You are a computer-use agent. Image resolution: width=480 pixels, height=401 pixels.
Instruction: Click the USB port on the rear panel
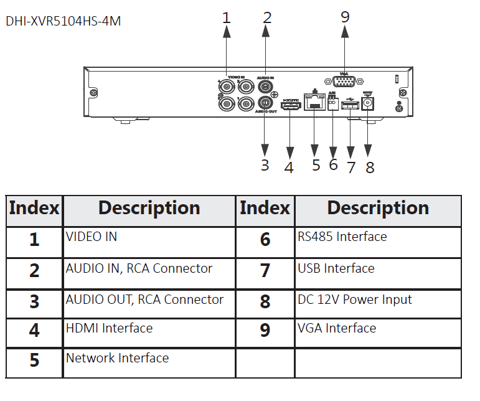tap(351, 106)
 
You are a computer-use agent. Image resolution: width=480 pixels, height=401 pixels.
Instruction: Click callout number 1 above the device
tap(226, 17)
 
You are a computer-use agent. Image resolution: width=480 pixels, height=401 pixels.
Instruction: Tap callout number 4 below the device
tap(289, 166)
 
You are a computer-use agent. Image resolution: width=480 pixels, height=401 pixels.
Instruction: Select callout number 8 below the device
tap(370, 166)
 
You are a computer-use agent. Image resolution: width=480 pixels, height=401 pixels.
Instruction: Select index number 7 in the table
tap(265, 270)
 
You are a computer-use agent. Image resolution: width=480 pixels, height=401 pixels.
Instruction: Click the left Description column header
tap(149, 208)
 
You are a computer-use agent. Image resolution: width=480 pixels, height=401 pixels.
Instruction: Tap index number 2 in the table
tap(34, 270)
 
